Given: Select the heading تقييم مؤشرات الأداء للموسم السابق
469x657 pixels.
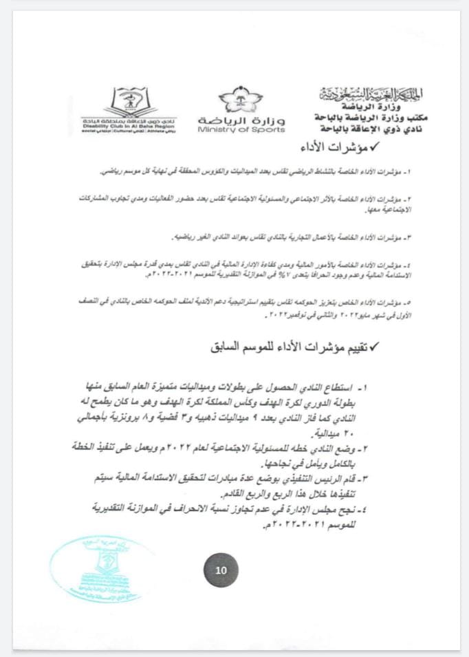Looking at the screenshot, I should click(x=288, y=348).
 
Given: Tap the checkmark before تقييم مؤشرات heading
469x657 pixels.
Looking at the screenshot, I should click(x=375, y=348).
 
